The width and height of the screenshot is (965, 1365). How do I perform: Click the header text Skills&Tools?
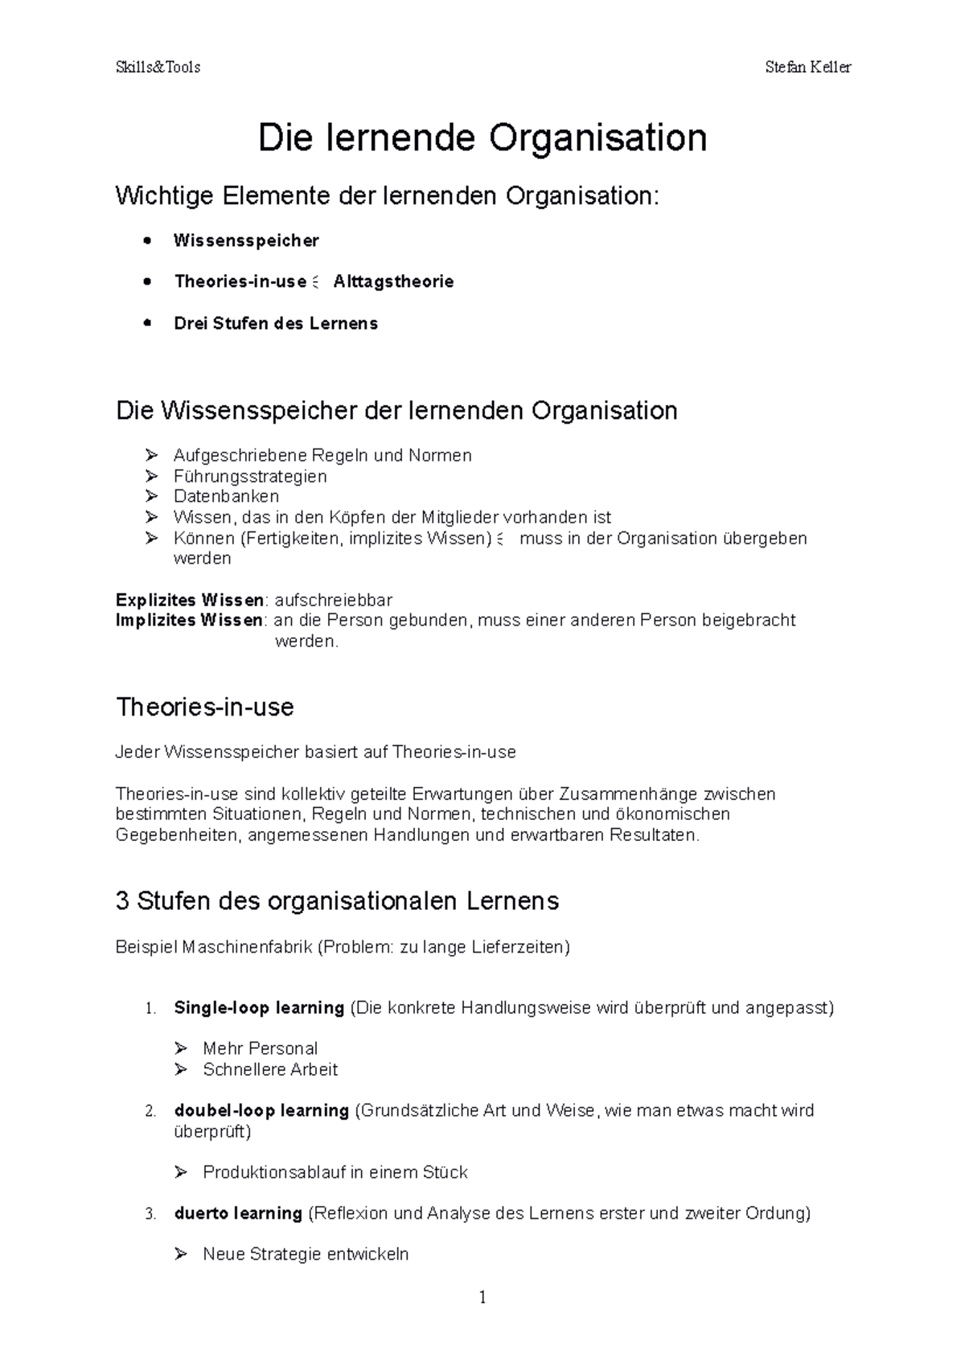158,68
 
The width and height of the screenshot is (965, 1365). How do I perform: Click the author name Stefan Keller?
807,68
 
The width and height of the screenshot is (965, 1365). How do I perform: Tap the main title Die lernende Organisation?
482,137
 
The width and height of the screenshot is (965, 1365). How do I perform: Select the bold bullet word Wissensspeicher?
246,240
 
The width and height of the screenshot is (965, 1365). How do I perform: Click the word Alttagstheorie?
393,281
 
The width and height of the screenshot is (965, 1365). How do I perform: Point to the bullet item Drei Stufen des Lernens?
275,323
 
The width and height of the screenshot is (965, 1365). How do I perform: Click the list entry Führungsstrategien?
250,476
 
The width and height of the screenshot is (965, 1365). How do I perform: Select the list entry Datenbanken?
226,496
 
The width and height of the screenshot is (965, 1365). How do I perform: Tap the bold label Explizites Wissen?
190,600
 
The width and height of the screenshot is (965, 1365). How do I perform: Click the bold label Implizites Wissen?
189,620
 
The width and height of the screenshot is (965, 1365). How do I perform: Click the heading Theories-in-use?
205,707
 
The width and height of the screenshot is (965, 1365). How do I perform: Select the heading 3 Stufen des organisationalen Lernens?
337,900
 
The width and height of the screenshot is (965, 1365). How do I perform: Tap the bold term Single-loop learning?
259,1007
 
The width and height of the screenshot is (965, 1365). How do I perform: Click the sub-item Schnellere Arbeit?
270,1069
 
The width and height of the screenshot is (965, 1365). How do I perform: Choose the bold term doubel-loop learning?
261,1110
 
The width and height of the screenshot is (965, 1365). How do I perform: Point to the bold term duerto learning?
238,1212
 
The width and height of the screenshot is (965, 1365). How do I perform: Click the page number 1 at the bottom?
482,1297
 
